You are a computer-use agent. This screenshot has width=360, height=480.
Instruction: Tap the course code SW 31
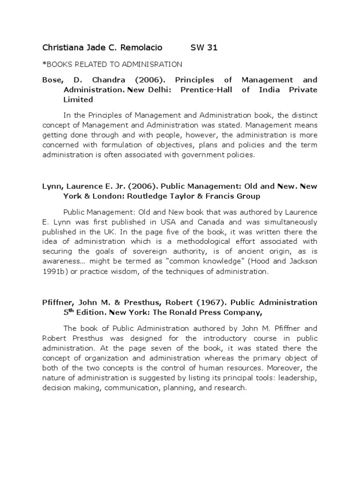click(204, 47)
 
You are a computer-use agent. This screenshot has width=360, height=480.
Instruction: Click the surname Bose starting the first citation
click(51, 80)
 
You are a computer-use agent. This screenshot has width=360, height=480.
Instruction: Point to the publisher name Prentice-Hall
click(207, 90)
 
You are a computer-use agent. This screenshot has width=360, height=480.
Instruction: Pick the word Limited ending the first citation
click(78, 99)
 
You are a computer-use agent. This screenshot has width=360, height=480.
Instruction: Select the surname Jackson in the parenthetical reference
click(302, 261)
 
